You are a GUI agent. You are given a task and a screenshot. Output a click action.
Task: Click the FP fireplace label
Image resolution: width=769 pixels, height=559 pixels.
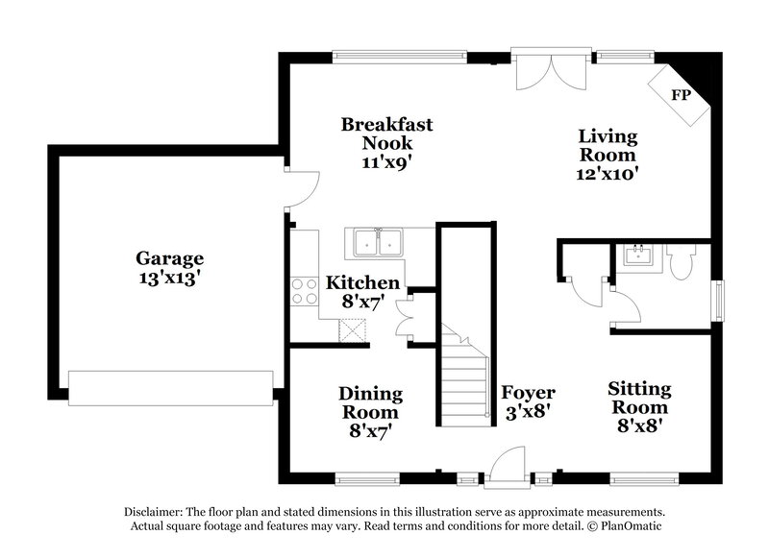click(x=682, y=95)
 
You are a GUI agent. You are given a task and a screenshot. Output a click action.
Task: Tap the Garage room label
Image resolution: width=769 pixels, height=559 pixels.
click(x=169, y=258)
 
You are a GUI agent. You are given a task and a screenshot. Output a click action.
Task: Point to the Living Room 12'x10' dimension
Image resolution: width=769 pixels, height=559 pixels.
click(x=608, y=174)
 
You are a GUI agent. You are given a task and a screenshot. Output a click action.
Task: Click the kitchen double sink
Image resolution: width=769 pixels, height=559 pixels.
click(x=377, y=243)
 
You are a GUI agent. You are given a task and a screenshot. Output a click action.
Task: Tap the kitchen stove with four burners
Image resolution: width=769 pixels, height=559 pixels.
click(x=305, y=291)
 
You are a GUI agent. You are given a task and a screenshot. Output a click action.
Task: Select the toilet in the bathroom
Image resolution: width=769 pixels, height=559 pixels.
click(x=683, y=261)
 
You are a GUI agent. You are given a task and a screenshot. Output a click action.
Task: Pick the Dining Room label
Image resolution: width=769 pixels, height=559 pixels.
click(x=370, y=403)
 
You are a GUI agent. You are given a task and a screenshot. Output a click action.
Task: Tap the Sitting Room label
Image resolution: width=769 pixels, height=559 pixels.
click(x=639, y=398)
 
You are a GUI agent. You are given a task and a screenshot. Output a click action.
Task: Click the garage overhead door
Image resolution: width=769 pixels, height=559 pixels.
click(x=171, y=386)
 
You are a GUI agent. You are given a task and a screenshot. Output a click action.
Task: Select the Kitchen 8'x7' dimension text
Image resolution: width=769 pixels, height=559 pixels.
click(x=362, y=302)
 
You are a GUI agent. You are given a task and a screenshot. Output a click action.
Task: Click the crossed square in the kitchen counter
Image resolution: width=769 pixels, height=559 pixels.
click(x=353, y=328)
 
